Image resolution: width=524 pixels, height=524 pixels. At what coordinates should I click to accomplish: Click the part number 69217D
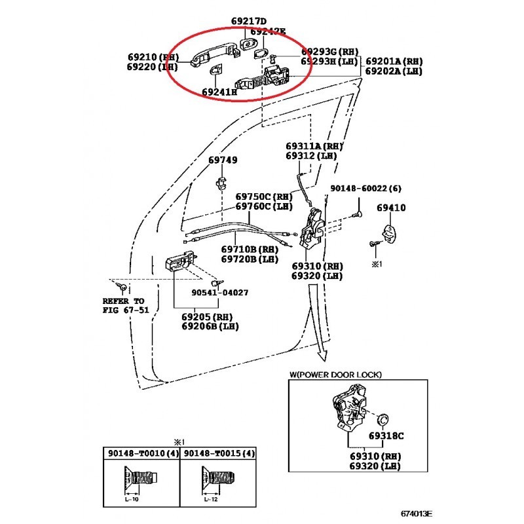tap(249, 21)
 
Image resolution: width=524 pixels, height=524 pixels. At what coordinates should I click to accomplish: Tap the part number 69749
tap(223, 160)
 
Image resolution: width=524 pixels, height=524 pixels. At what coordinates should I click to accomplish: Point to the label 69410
tap(391, 208)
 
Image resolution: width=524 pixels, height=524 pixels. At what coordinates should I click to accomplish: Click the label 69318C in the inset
tap(386, 436)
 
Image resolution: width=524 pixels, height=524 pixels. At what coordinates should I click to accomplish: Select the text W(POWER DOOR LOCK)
tap(335, 375)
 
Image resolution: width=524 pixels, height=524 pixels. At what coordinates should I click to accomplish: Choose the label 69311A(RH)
tap(314, 146)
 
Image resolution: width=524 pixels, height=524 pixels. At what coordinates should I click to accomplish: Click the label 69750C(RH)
tap(263, 196)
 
